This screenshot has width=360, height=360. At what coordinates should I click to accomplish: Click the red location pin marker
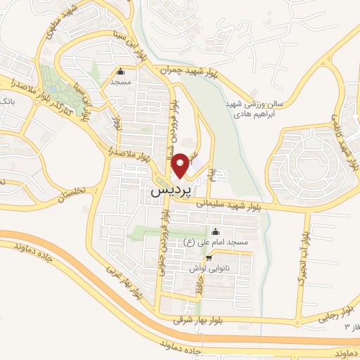point(180,165)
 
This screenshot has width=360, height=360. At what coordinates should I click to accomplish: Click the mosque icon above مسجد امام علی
point(216,233)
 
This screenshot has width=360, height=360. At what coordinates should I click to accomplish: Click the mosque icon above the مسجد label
point(120,72)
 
